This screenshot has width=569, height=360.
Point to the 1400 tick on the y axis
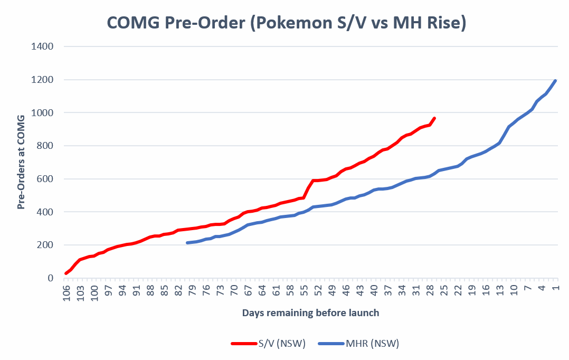pos(44,46)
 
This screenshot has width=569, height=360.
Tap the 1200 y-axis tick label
pos(44,80)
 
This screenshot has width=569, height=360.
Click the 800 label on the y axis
pos(46,146)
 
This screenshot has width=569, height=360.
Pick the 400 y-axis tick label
pos(46,212)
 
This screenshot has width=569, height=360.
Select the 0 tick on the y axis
pos(51,278)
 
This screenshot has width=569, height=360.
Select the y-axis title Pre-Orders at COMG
pos(22,162)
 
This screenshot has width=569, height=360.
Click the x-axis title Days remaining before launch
pos(310,312)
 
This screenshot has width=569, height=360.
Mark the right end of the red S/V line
pos(434,118)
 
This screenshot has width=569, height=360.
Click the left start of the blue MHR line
pos(187,243)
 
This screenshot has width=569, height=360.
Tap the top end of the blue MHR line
pos(555,81)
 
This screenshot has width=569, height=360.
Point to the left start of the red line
pos(66,273)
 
